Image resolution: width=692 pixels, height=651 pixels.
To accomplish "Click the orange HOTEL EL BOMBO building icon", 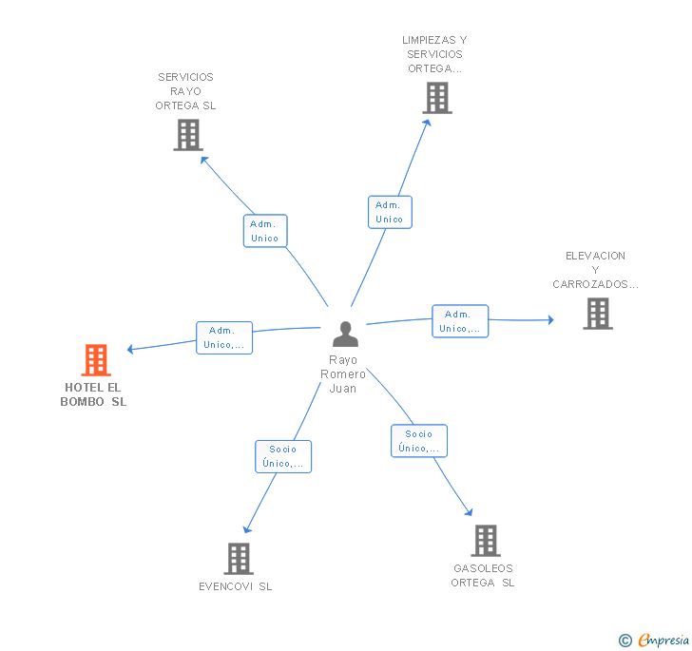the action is click(x=96, y=359).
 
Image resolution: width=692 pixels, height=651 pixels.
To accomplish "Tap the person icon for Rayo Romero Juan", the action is click(x=345, y=334).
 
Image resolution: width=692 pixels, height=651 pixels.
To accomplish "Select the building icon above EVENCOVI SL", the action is click(x=239, y=558).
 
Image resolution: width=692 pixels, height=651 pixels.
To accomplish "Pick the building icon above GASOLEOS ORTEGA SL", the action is click(x=486, y=540).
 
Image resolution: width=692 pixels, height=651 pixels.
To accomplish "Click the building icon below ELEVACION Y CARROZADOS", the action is click(x=598, y=314).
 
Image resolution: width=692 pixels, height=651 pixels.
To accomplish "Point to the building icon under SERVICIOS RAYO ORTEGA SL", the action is click(x=188, y=135).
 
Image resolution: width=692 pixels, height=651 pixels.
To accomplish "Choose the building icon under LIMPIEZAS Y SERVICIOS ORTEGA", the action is click(x=437, y=98).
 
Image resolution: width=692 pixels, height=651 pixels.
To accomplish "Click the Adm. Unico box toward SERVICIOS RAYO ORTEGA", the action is click(x=265, y=231).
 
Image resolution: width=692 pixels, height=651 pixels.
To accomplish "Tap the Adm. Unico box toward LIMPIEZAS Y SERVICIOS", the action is click(x=390, y=212).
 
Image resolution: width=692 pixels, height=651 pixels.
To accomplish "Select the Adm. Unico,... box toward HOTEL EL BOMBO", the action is click(x=224, y=337).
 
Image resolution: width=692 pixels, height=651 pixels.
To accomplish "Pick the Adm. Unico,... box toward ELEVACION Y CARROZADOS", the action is click(x=460, y=321).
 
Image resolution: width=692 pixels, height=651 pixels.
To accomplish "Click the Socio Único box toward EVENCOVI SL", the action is click(x=283, y=456).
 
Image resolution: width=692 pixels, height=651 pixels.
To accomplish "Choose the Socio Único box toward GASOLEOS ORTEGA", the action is click(x=419, y=440).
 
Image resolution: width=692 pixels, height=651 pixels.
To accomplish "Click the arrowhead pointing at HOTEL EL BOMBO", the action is click(x=129, y=349).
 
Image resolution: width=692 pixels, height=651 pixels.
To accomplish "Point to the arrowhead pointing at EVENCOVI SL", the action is click(x=247, y=529).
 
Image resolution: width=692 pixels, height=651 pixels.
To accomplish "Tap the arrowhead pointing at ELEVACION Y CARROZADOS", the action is click(x=550, y=320).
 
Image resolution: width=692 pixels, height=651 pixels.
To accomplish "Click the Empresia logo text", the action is click(x=663, y=640).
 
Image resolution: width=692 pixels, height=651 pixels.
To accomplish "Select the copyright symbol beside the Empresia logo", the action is click(x=625, y=640).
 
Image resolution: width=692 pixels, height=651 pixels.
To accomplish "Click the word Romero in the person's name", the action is click(x=343, y=374).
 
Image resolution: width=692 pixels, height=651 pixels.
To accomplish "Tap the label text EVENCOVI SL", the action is click(x=235, y=586).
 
